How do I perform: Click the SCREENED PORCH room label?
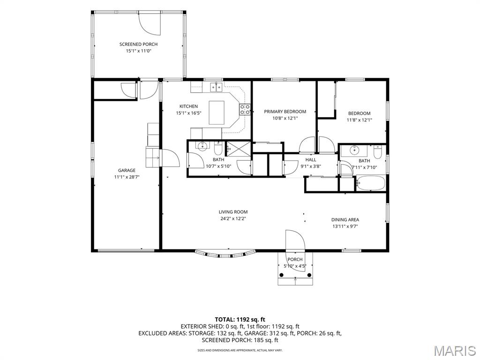pyautogui.click(x=138, y=45)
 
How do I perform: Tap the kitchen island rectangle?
pyautogui.click(x=217, y=112)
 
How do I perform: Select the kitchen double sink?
pyautogui.click(x=216, y=87)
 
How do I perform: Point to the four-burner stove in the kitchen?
pyautogui.click(x=245, y=110)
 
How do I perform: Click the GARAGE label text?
pyautogui.click(x=127, y=171)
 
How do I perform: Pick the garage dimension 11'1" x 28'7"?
pyautogui.click(x=127, y=177)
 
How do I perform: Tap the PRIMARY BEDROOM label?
pyautogui.click(x=285, y=112)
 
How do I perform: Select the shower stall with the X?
pyautogui.click(x=239, y=149)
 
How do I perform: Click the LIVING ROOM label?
pyautogui.click(x=233, y=212)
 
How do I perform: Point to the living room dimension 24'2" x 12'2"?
pyautogui.click(x=233, y=218)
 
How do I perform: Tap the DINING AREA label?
pyautogui.click(x=345, y=220)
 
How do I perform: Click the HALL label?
pyautogui.click(x=311, y=160)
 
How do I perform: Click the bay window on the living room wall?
pyautogui.click(x=225, y=254)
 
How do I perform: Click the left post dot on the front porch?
pyautogui.click(x=282, y=275)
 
